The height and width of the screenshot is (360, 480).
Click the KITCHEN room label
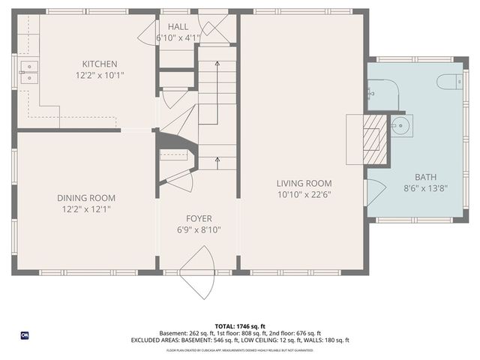100,64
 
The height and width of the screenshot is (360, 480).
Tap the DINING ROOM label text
86,198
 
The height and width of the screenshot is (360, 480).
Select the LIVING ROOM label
304,183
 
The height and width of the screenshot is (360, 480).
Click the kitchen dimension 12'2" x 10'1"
100,75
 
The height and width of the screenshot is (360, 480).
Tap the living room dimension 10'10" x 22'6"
304,194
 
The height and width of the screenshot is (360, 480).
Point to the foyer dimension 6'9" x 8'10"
199,230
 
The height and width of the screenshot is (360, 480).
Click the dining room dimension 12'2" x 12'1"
86,209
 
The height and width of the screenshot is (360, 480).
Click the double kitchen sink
29,72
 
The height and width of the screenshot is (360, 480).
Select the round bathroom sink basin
399,126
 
